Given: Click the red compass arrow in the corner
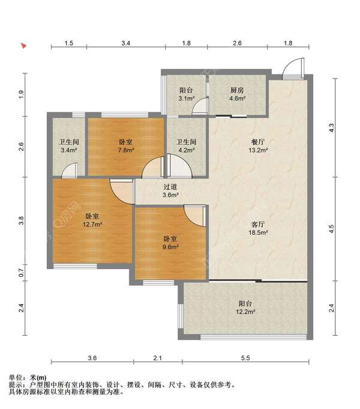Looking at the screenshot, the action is tap(24, 46).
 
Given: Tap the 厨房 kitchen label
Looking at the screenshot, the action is tap(237, 91).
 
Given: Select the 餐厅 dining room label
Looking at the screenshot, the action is tap(258, 142).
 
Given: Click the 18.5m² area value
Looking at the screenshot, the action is tap(258, 232).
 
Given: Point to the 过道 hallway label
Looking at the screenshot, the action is tap(170, 187).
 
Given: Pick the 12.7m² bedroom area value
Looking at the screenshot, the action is tap(92, 225).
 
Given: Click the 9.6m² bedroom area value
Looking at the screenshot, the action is tap(170, 247).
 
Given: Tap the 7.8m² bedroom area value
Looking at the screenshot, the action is tap(126, 150).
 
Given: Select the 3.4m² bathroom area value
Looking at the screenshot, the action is tap(69, 150).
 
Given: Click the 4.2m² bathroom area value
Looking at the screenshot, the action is tap(186, 150).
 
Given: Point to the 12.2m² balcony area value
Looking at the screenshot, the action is tap(245, 312).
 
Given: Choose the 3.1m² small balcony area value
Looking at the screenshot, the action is tap(186, 98).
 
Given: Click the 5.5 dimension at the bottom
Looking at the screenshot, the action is tap(245, 358).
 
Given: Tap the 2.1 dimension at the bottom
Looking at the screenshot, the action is tap(157, 358).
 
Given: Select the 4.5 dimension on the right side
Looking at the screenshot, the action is tap(331, 229).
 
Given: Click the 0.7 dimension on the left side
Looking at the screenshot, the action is tap(22, 273).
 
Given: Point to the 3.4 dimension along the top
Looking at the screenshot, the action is tap(125, 43).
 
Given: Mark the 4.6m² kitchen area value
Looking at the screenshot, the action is tap(237, 98).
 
